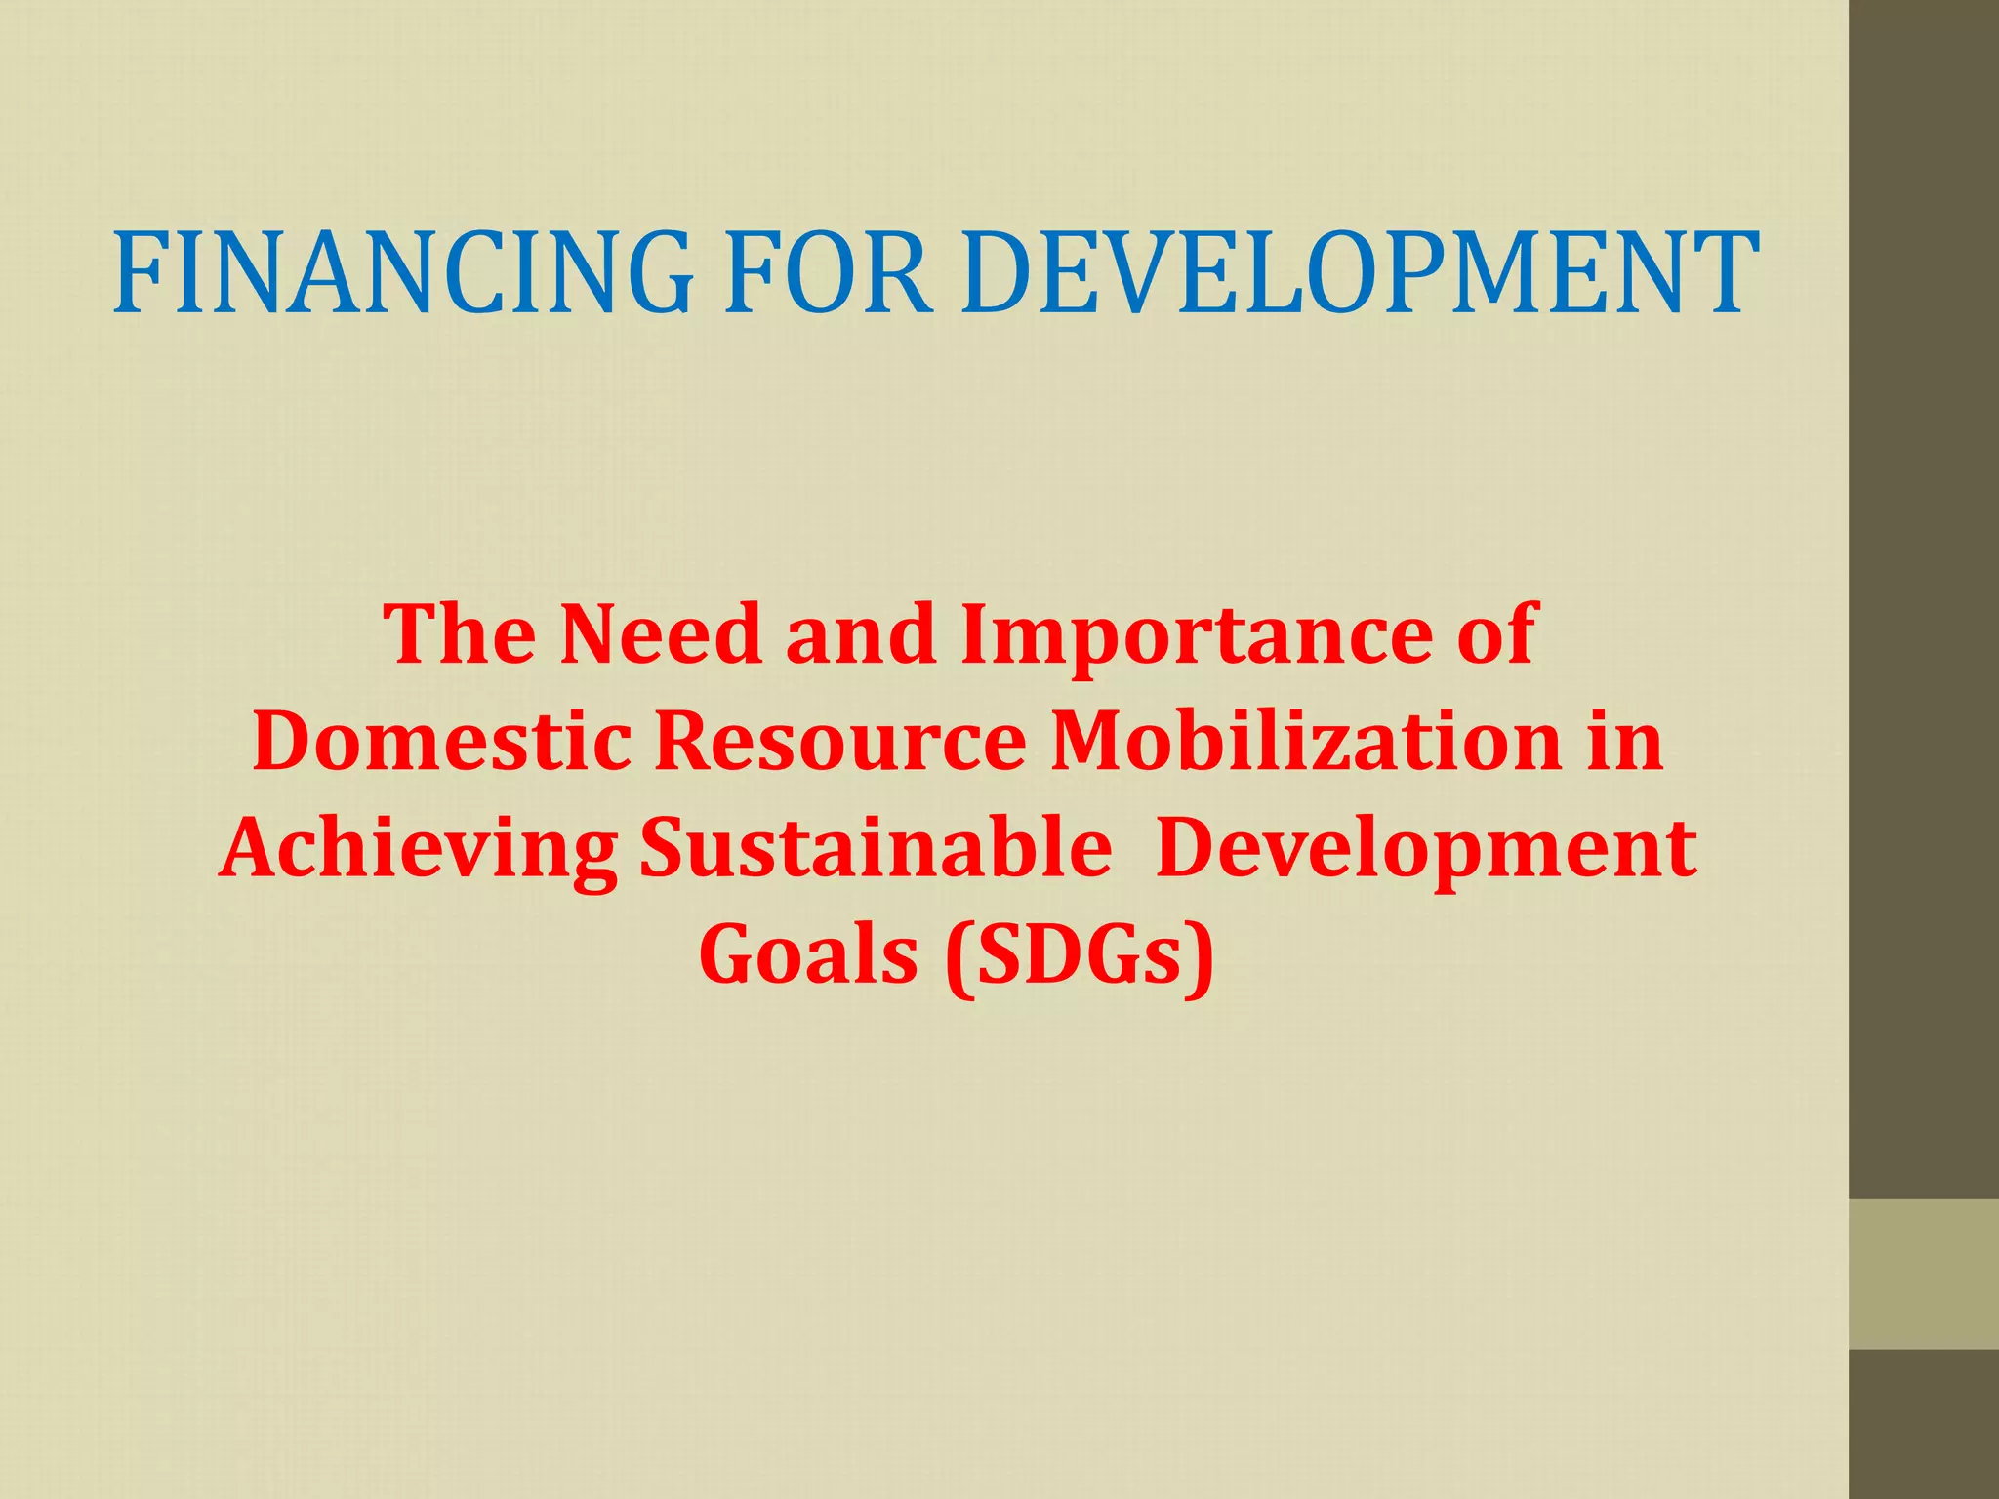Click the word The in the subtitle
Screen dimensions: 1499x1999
(460, 634)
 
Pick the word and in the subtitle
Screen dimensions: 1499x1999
(860, 634)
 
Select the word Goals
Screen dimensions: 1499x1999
(808, 954)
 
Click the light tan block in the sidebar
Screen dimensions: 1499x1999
(1924, 1274)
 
